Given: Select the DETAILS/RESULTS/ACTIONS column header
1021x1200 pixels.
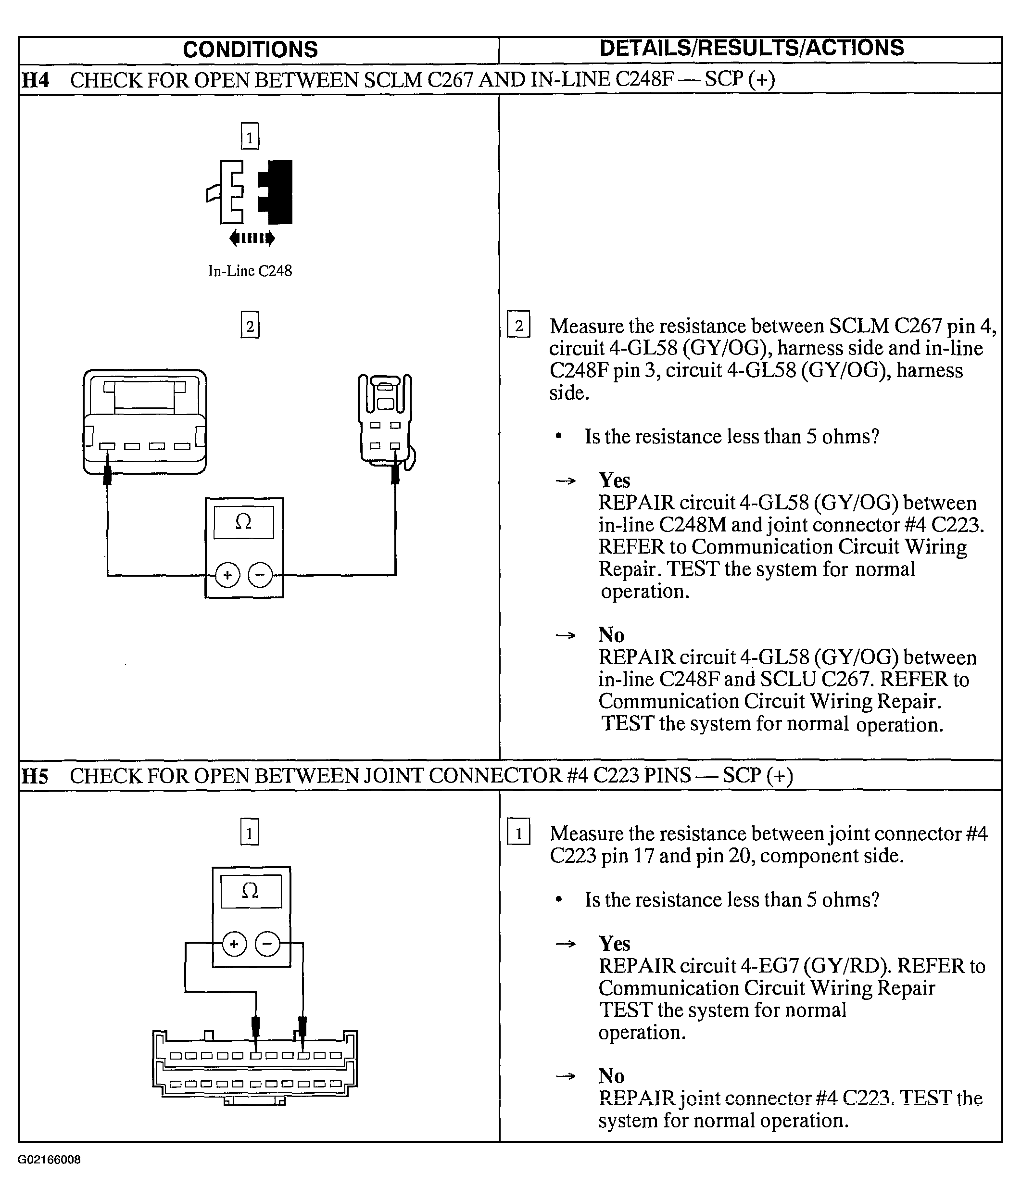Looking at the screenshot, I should [751, 49].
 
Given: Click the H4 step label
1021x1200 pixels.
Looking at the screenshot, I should [35, 80].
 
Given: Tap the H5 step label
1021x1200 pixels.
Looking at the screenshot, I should [35, 776].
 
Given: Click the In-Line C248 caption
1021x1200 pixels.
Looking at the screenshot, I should [250, 271].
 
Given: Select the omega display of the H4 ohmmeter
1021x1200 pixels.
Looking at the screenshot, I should [244, 523].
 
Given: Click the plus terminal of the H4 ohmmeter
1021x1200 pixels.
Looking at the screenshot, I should [227, 575].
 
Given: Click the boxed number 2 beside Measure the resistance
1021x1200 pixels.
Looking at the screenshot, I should [518, 325].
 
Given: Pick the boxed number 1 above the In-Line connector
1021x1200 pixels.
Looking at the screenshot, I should [250, 137].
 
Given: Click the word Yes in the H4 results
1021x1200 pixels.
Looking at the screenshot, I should [614, 480].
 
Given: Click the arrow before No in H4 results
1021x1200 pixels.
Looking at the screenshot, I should [566, 636].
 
